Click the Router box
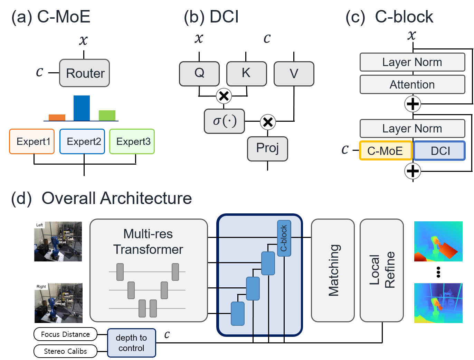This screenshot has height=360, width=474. (x=85, y=73)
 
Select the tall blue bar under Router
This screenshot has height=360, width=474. (x=82, y=108)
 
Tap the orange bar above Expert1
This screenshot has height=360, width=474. (x=57, y=118)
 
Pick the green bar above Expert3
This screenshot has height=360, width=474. (x=107, y=116)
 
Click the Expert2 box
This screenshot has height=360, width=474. (x=82, y=141)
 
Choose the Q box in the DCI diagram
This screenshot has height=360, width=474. (x=199, y=73)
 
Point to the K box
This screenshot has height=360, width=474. (x=246, y=73)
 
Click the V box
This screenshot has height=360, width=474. (x=294, y=74)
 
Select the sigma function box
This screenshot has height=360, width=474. (x=225, y=121)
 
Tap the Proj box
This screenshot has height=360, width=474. (x=267, y=149)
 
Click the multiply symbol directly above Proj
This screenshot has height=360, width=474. (x=268, y=122)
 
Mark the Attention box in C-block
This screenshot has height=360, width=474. (x=412, y=84)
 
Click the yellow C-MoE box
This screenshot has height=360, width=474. (x=386, y=151)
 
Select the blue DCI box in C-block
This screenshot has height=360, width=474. (x=439, y=151)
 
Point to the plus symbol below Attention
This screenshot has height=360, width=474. (x=413, y=104)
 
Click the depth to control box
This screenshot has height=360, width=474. (x=131, y=343)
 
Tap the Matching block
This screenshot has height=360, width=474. (x=333, y=270)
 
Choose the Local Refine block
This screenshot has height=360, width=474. (x=382, y=270)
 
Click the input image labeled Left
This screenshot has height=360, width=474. (x=58, y=241)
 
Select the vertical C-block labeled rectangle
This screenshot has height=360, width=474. (x=284, y=238)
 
